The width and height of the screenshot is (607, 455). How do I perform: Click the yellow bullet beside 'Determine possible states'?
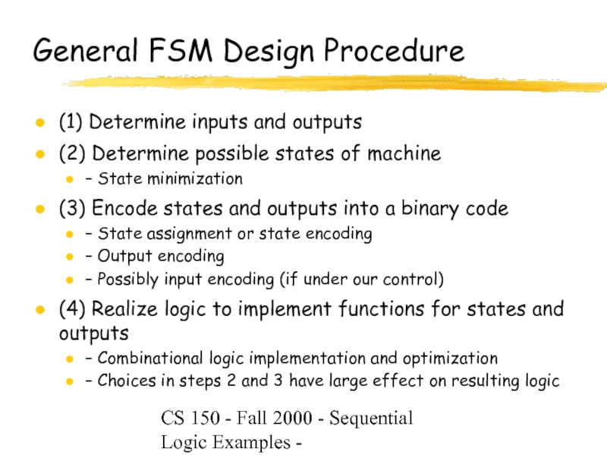[39, 154]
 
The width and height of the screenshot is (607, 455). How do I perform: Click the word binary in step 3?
[435, 208]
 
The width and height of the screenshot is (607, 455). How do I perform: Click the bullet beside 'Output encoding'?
[70, 257]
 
